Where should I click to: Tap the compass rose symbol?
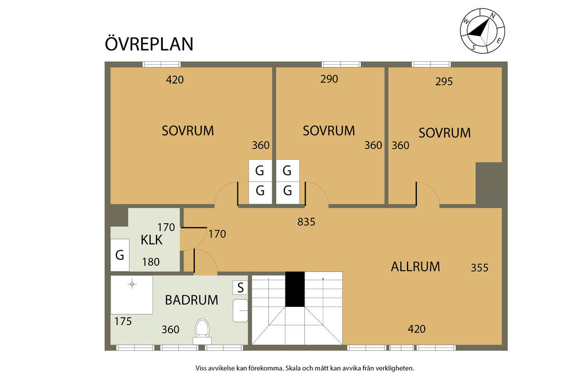pos(482,31)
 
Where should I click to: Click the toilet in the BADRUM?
pos(202,331)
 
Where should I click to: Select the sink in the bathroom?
pos(240,310)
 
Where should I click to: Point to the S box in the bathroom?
pos(240,287)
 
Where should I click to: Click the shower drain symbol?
pos(132,284)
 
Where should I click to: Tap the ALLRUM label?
pos(415,267)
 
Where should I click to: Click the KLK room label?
pos(151,240)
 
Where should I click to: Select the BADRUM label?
pos(191,300)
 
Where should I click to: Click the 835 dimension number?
pos(306,222)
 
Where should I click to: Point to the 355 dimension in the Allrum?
pos(480,268)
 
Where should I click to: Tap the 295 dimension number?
pos(444,81)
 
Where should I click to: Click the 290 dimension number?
pos(329,79)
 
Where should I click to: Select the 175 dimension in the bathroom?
pos(123,321)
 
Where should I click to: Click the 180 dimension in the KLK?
pos(151,262)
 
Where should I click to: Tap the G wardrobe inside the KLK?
pos(120,255)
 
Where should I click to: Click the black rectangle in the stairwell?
pos(295,289)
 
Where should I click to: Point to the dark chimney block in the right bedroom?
pos(488,184)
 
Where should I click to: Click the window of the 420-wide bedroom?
pos(162,64)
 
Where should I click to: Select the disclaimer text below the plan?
pos(305,368)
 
